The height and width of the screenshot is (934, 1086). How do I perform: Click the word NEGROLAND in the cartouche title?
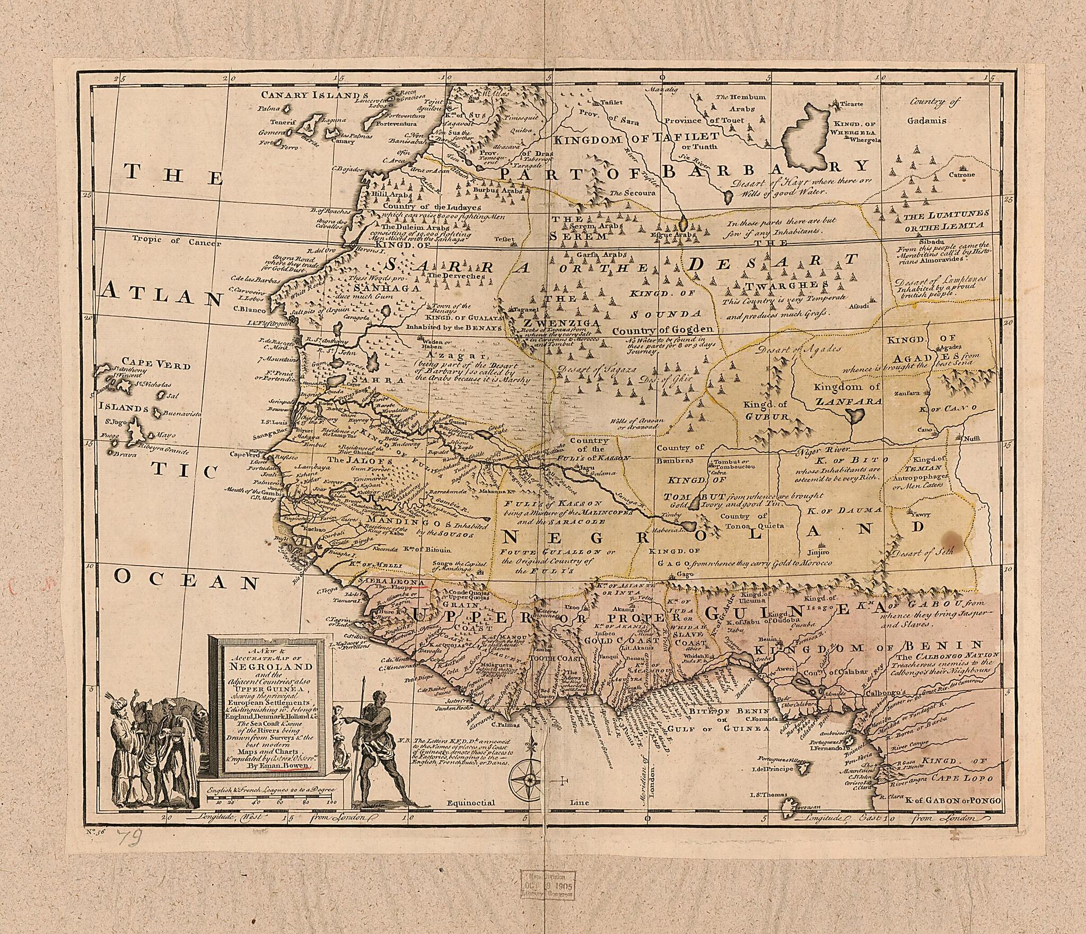[267, 667]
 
